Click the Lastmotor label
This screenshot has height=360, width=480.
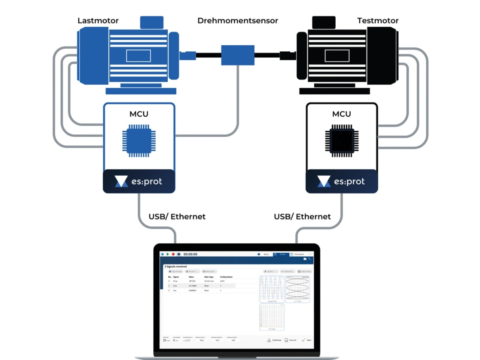(98, 21)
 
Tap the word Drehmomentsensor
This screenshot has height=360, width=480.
(238, 21)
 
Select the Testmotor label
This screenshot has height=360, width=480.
(378, 21)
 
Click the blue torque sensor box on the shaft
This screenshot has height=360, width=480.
(238, 55)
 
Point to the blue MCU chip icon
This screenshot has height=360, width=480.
(139, 141)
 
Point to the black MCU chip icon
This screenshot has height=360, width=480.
(342, 141)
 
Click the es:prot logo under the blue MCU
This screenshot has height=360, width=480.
(139, 181)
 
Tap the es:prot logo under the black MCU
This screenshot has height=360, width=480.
(342, 181)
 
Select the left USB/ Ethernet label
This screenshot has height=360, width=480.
(177, 217)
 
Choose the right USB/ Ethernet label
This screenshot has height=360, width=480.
(302, 217)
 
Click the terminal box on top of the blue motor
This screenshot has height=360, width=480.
(151, 22)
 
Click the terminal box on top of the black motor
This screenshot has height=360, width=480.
(324, 22)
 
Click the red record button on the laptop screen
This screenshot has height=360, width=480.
(173, 254)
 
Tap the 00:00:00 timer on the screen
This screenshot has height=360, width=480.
(190, 254)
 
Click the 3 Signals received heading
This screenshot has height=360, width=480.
(175, 266)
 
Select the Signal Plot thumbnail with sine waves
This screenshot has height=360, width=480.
(272, 288)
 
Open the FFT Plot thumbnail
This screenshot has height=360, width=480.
(272, 317)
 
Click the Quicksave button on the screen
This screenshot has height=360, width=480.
(274, 340)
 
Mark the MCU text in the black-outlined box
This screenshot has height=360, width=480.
(342, 114)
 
